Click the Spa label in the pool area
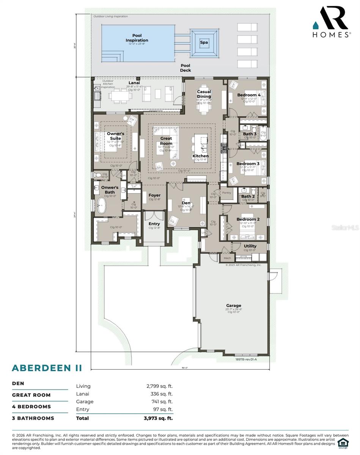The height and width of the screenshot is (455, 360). [204, 42]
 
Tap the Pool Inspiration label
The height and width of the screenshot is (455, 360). [137, 38]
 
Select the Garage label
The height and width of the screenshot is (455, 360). [234, 306]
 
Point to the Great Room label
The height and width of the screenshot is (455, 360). [166, 141]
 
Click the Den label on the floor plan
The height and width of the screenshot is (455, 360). [186, 203]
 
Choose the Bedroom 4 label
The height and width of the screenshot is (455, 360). [249, 95]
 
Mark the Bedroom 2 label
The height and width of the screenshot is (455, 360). [248, 220]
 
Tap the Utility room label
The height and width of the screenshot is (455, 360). [250, 246]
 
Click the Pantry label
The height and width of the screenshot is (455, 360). [226, 193]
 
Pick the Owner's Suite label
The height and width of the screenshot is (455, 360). [115, 136]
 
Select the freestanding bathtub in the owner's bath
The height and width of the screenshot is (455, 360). [101, 208]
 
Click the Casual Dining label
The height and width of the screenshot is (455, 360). [204, 94]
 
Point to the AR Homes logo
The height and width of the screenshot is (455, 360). [331, 22]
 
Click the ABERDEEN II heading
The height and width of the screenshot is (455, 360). [47, 368]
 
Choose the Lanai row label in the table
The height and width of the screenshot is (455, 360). [83, 394]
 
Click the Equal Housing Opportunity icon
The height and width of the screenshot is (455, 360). [343, 443]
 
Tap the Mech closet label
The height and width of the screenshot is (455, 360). [227, 258]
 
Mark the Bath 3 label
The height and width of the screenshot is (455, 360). [250, 134]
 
